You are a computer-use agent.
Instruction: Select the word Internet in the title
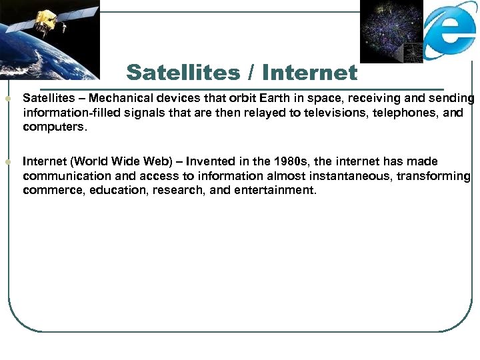pyautogui.click(x=310, y=71)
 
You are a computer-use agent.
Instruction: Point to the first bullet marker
pyautogui.click(x=7, y=99)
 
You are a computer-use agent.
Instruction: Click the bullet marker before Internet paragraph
pyautogui.click(x=7, y=161)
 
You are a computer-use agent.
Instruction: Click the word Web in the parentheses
pyautogui.click(x=164, y=161)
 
